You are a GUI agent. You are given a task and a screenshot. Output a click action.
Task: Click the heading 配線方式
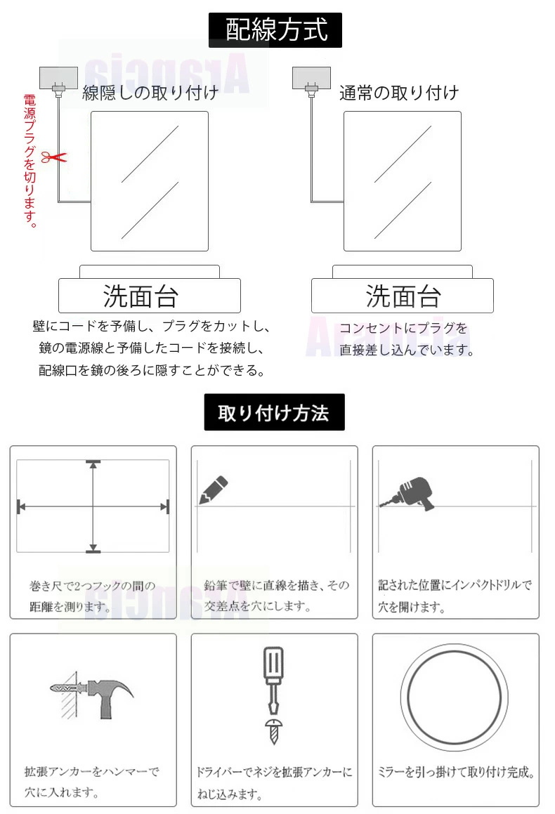pos(275,29)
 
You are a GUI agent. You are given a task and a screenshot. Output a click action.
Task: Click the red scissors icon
pos(54,156)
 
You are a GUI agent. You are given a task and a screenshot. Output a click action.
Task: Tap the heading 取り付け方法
pos(273,413)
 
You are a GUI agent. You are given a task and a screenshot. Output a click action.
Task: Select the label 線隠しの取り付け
pos(150,93)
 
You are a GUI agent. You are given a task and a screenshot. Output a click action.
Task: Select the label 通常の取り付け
pos(399,93)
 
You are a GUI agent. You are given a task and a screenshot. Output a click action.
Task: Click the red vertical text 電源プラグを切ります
pos(30,161)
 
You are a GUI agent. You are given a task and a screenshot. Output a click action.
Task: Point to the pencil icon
pos(214,490)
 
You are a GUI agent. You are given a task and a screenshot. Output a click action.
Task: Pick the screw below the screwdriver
pos(273,731)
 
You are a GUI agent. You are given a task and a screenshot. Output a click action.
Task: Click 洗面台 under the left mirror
pos(141,296)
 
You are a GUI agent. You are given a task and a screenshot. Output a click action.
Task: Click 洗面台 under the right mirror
pos(403,296)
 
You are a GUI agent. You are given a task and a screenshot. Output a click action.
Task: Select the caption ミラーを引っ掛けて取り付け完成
pos(456,772)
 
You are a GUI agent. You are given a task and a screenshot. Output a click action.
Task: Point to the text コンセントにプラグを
pos(403,328)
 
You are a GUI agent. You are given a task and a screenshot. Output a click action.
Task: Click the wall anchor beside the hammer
pos(65,688)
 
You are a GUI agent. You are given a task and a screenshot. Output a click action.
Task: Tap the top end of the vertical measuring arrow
pos(93,461)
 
